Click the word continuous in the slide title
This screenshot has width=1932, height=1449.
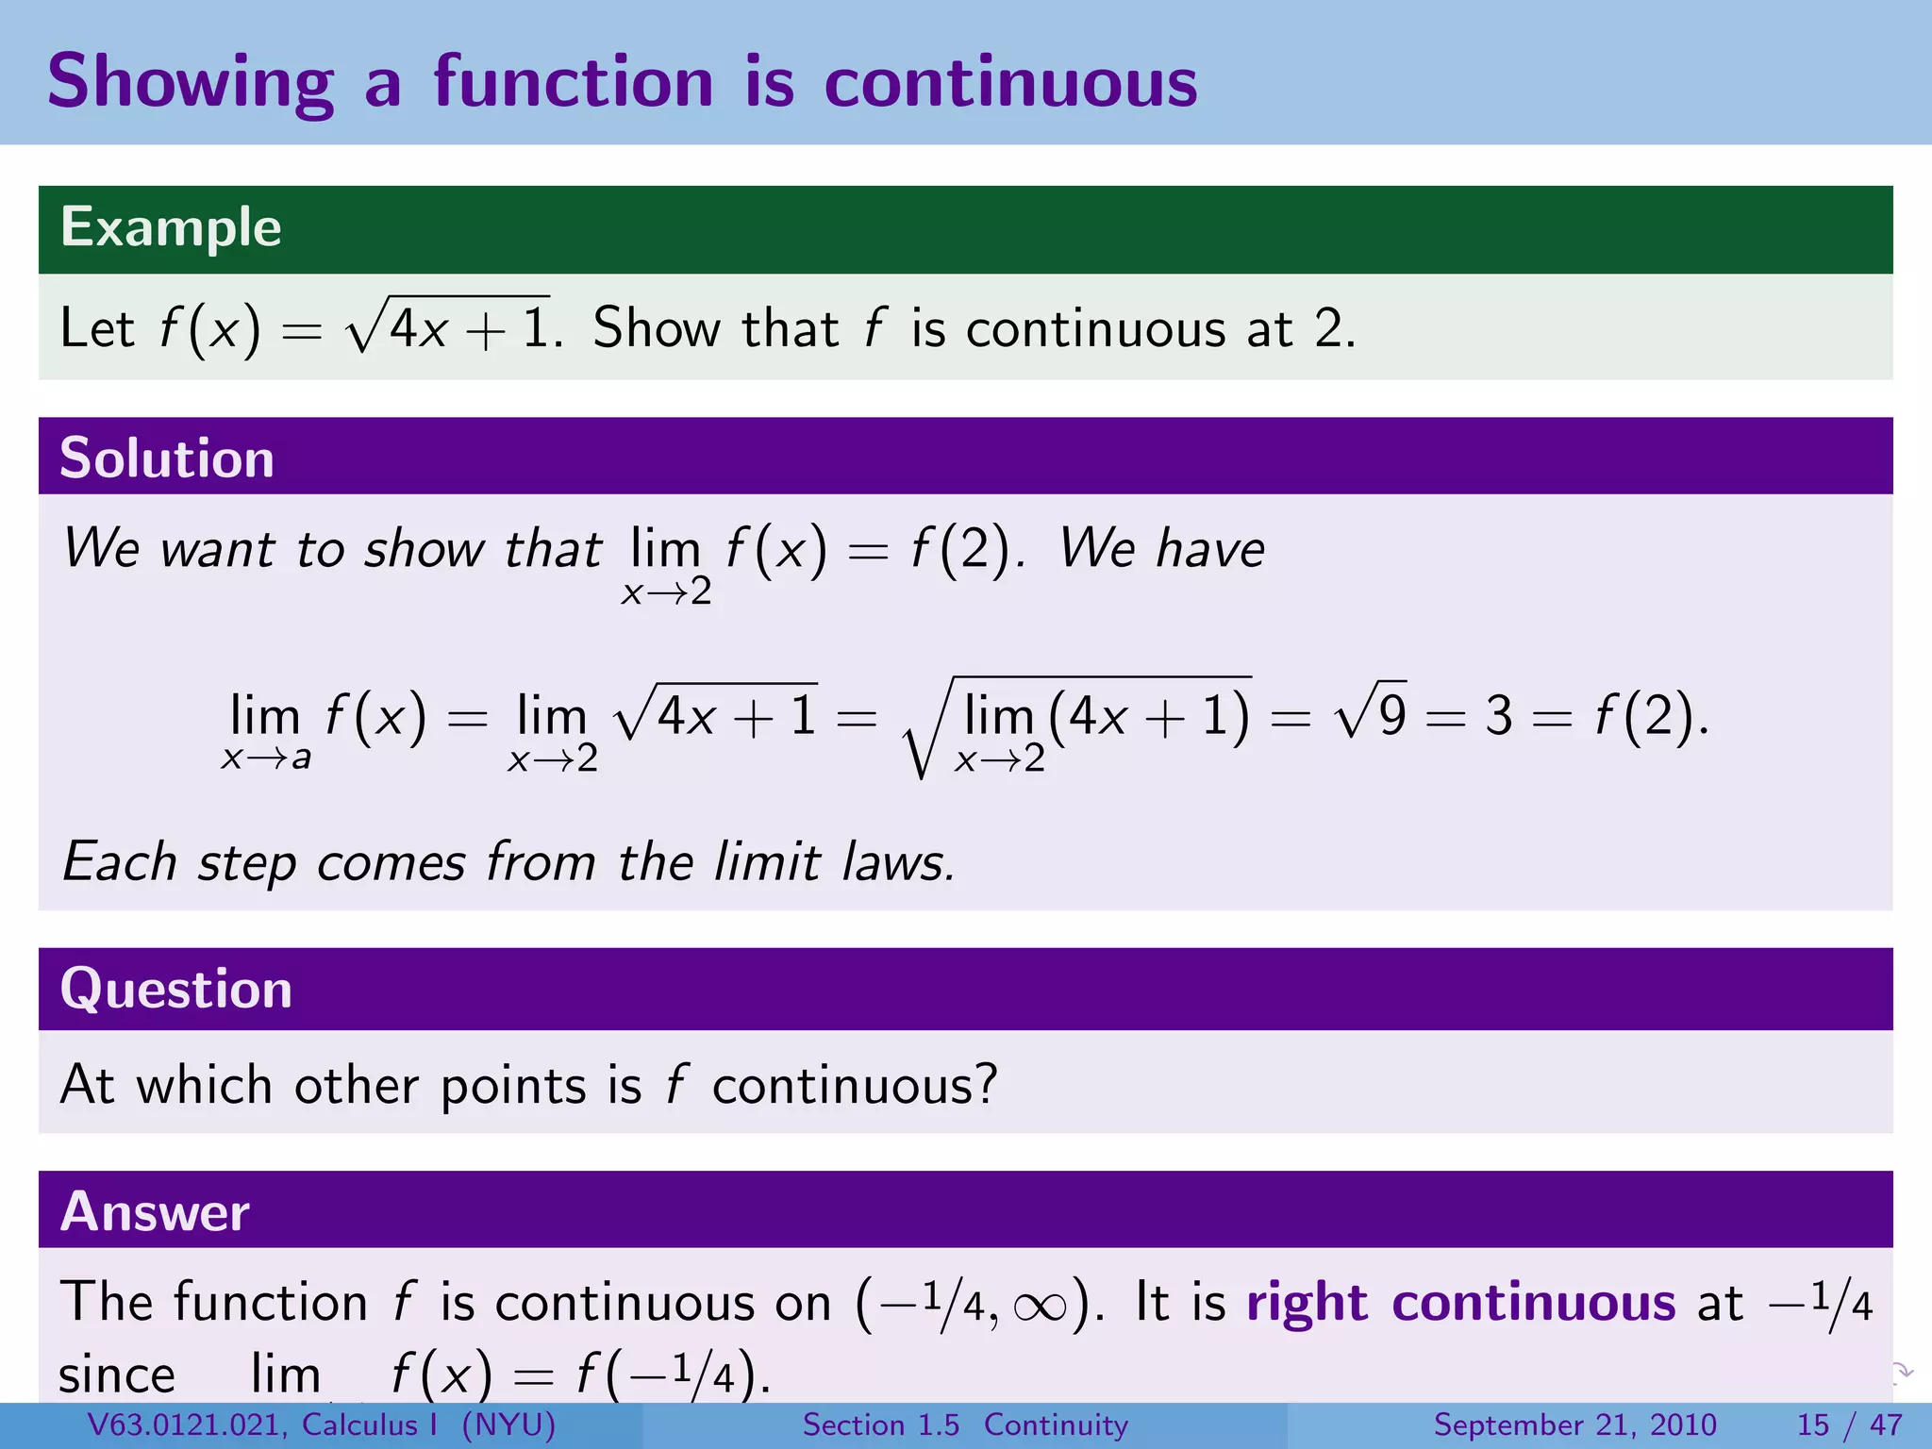1010,83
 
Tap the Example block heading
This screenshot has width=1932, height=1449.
171,227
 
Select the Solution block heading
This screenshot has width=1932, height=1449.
167,458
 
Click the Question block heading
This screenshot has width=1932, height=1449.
176,989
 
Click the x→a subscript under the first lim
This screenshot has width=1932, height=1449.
266,758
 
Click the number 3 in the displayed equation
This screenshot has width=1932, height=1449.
1498,716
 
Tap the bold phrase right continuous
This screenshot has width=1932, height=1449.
1460,1303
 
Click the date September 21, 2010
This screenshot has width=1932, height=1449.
1574,1424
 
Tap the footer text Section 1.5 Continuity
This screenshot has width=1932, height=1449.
965,1424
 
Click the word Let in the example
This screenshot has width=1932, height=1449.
97,328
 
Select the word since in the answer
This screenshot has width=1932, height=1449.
117,1375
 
